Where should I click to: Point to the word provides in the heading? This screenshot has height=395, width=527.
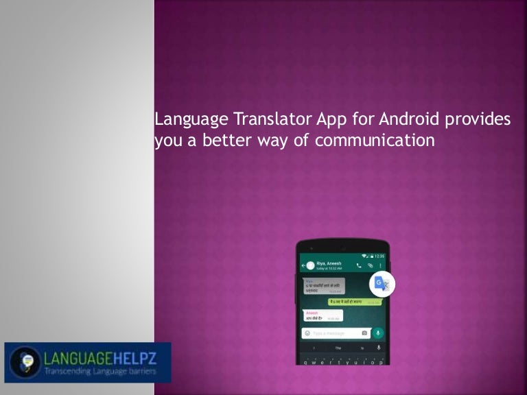pos(478,119)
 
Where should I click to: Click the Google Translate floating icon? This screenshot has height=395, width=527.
pos(382,285)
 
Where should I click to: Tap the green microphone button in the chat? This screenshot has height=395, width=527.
pos(377,333)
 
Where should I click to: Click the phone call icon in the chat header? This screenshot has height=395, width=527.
pos(358,265)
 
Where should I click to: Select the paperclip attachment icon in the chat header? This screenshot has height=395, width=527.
pos(370,265)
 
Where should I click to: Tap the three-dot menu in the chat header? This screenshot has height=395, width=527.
pos(381,265)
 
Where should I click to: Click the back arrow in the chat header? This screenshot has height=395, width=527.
pos(303,265)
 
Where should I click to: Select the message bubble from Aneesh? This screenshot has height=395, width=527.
pos(322,315)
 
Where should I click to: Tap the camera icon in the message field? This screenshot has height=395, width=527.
pos(364,333)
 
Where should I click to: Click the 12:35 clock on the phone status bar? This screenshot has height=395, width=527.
pos(379,255)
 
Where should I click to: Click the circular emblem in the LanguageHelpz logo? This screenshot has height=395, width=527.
pos(24,361)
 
